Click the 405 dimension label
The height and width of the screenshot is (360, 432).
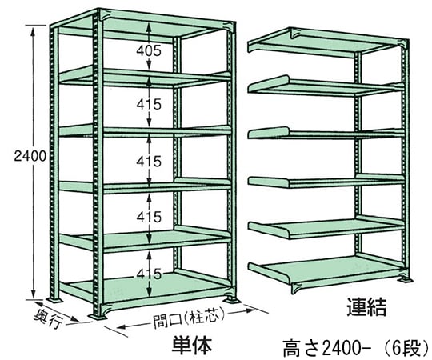[x=149, y=50]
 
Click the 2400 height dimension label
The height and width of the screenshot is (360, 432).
[x=30, y=156]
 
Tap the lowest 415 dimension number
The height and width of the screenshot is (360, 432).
[x=149, y=274]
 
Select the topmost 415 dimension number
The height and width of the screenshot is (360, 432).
[x=149, y=104]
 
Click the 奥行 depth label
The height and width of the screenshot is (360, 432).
[x=48, y=318]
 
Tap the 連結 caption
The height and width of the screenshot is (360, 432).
[x=366, y=306]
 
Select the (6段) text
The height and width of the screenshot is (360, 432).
[x=406, y=349]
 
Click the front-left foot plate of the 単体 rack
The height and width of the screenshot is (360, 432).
[x=98, y=317]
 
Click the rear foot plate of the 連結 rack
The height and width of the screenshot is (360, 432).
[x=405, y=279]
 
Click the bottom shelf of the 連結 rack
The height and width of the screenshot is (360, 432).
[x=325, y=273]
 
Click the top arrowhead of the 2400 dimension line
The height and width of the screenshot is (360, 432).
[x=34, y=30]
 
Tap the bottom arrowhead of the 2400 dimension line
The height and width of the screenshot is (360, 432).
[x=34, y=293]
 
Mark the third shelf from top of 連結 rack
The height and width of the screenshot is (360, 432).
[x=325, y=134]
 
